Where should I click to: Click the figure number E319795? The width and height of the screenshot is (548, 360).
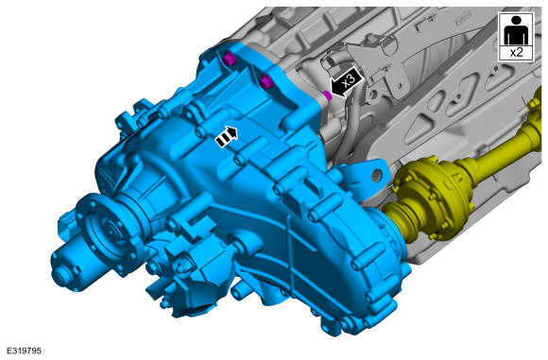point(24,351)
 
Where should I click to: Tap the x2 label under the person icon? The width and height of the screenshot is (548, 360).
point(516,52)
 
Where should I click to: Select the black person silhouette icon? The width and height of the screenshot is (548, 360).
point(516,31)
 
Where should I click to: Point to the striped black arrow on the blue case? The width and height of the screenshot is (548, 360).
point(227,136)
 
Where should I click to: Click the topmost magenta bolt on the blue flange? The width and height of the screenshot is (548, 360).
point(230,58)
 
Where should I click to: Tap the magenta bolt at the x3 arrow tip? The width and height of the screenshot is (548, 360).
point(327,95)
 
